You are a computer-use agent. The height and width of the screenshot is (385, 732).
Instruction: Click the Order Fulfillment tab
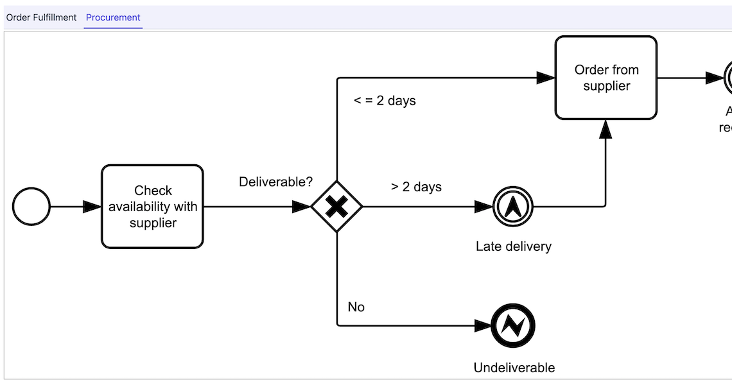[41, 17]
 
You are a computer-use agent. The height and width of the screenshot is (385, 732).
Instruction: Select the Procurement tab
[113, 17]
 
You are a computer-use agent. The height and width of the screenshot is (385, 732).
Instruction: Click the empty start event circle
[31, 207]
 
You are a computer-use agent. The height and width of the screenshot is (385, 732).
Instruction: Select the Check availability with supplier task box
[152, 207]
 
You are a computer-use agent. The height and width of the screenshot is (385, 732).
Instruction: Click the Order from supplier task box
[606, 78]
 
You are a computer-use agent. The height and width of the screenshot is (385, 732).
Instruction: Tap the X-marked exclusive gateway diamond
[336, 207]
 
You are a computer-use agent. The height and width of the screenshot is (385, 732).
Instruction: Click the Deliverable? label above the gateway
[275, 182]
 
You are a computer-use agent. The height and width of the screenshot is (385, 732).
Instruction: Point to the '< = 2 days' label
[385, 101]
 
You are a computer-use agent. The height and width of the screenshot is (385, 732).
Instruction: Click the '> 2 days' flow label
[416, 187]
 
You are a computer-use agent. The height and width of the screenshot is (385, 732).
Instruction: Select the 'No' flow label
[356, 307]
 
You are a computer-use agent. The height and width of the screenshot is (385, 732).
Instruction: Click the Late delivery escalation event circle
[513, 207]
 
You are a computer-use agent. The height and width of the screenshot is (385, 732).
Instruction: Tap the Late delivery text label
[513, 246]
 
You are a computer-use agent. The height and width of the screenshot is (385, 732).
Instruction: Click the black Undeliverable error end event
[513, 326]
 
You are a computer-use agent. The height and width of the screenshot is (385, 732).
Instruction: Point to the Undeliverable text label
[514, 368]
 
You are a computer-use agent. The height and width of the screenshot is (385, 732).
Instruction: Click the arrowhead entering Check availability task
[92, 207]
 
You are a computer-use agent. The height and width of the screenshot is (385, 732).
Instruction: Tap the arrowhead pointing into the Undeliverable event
[483, 326]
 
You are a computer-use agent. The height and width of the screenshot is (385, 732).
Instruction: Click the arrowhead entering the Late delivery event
[484, 207]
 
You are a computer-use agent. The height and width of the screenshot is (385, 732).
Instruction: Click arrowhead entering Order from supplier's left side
[546, 78]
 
